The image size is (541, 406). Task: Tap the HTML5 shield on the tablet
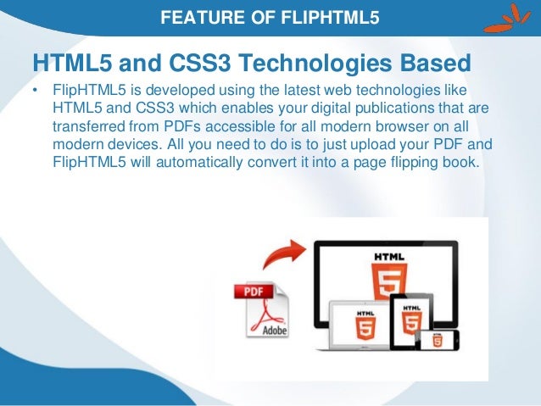coord(411,320)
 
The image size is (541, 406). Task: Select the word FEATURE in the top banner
coord(195,14)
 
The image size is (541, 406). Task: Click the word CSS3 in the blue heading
coord(172,62)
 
